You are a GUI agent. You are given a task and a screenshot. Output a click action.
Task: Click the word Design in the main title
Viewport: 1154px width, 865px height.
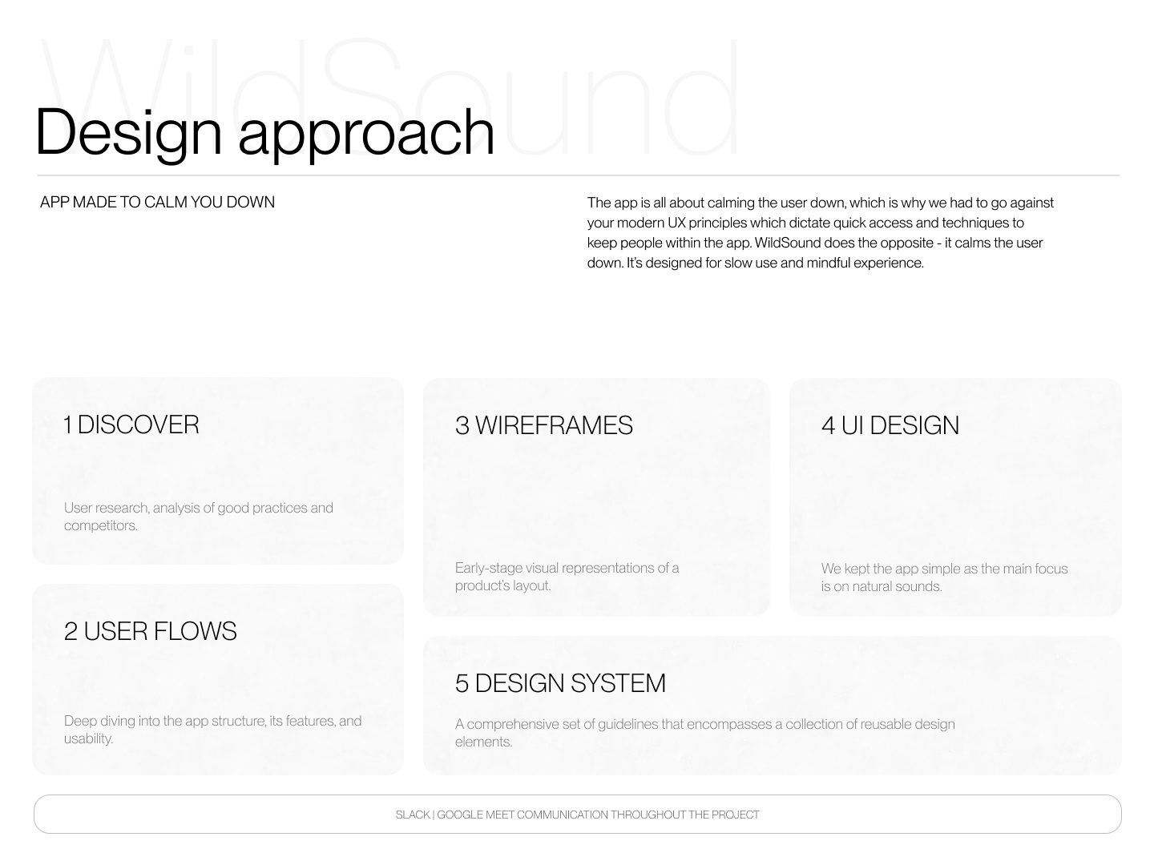pos(128,134)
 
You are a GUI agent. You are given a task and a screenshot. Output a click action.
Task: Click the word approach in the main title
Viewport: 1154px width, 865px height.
pos(366,135)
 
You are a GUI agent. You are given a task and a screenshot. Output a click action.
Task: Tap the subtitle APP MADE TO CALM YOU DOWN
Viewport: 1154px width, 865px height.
pos(157,202)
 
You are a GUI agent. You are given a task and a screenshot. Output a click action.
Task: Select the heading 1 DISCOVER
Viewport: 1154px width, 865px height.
pos(131,424)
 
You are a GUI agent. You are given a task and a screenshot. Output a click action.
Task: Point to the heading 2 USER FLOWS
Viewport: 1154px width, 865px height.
pos(151,631)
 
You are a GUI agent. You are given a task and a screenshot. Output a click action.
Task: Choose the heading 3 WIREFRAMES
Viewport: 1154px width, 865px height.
pos(543,424)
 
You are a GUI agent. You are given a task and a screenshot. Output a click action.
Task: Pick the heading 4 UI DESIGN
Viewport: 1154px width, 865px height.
pos(890,424)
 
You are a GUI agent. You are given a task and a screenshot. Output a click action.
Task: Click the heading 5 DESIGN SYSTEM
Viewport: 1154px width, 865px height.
pos(560,682)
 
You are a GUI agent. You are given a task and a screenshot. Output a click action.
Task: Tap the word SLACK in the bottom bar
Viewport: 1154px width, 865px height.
pos(413,815)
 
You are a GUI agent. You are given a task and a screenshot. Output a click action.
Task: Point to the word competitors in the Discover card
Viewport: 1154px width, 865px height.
pos(101,525)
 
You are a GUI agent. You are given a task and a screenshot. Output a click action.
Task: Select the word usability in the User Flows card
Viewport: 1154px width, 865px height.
pos(88,738)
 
